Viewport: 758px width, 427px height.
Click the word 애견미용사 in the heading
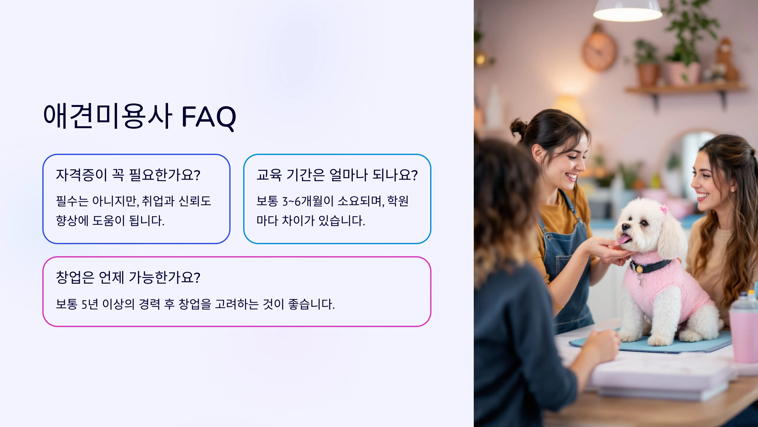107,116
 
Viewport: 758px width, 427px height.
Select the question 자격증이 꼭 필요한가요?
128,175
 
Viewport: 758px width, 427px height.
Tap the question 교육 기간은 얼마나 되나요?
337,175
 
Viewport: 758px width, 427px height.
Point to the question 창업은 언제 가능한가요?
128,277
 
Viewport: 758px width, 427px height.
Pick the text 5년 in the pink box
90,304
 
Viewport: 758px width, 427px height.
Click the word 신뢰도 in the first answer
195,201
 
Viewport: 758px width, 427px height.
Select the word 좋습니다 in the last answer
311,304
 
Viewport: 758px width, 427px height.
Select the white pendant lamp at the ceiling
627,11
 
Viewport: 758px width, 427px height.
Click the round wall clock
599,51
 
